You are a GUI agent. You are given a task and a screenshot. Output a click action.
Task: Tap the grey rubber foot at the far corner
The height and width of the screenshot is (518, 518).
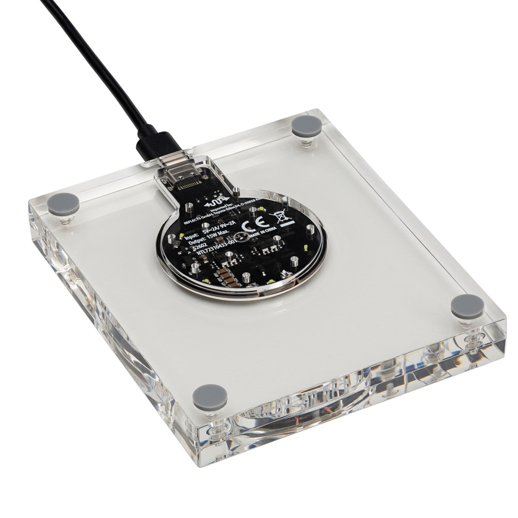point(306,125)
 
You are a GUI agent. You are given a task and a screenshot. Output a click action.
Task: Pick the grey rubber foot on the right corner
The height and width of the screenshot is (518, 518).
point(467,306)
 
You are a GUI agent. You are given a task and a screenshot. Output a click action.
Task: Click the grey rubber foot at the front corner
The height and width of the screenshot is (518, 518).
point(210,397)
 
